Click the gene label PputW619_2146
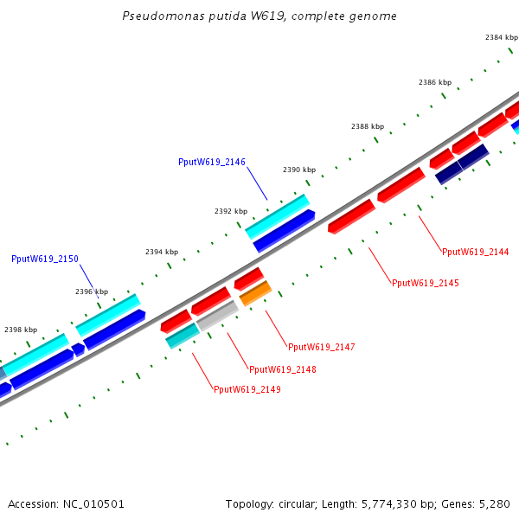coord(212,162)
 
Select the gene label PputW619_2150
coord(45,259)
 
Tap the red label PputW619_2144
coord(475,252)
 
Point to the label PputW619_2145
coord(426,283)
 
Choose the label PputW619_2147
coord(322,347)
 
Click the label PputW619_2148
coord(282,369)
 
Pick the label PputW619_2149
coord(247,389)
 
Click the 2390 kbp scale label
coord(299,170)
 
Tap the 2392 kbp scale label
coord(231,211)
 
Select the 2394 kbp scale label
coord(162,252)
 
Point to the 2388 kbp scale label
coord(368,126)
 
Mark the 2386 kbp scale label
coord(435,82)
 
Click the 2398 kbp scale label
coord(21,330)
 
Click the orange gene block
coord(255,293)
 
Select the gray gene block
coord(217,316)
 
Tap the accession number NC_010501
coord(93,504)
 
